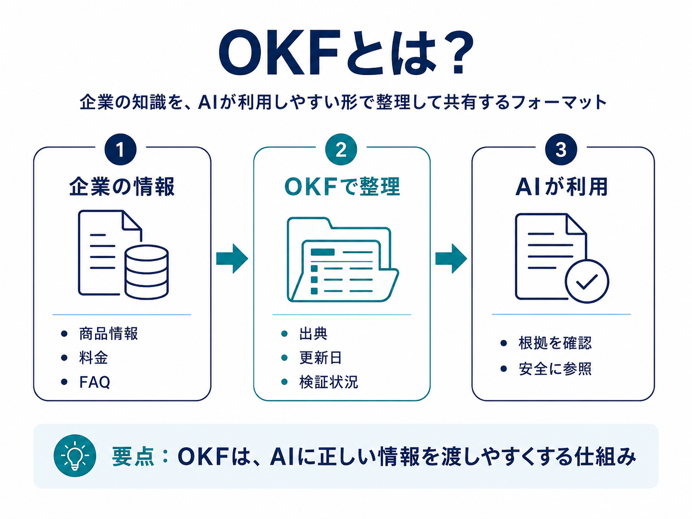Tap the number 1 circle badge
[x=120, y=150]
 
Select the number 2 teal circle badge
[x=341, y=150]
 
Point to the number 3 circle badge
[x=561, y=150]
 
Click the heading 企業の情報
[x=122, y=186]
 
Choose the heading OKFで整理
[x=342, y=186]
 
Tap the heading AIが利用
[x=562, y=186]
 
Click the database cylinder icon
[x=147, y=272]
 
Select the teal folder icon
[x=343, y=259]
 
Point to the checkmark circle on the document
[x=586, y=281]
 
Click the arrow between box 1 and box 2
[x=232, y=259]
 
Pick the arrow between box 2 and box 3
[x=451, y=259]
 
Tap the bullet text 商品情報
[x=108, y=334]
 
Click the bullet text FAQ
[x=95, y=382]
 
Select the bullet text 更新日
[x=320, y=357]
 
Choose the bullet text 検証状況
[x=328, y=382]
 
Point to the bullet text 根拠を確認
[x=555, y=343]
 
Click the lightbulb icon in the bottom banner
[x=75, y=455]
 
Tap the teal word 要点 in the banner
[x=133, y=456]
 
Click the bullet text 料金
[x=93, y=357]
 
